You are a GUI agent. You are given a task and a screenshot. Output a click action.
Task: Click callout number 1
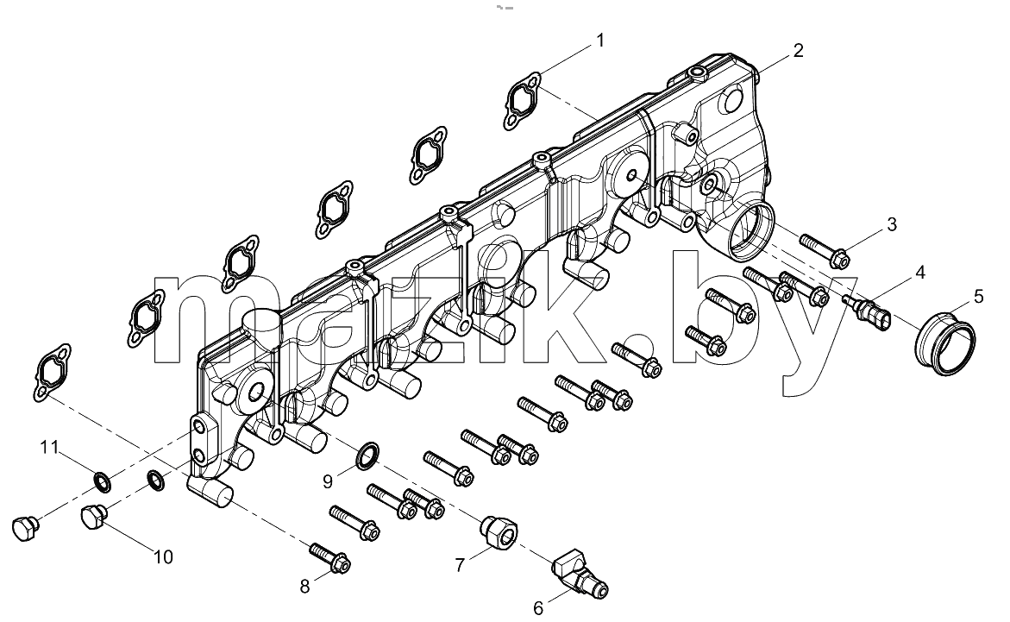point(600,41)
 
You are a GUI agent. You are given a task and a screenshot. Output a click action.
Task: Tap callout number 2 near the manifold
point(798,51)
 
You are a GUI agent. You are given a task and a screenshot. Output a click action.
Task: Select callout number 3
point(892,224)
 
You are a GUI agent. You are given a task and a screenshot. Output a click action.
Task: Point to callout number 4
point(920,273)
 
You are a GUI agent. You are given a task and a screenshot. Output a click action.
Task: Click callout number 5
point(978,297)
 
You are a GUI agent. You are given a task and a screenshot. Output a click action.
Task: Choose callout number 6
point(538,608)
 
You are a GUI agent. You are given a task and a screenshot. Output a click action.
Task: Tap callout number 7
point(459,565)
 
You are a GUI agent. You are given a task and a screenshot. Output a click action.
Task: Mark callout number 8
point(304,586)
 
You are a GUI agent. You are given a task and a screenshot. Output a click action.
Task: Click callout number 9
point(328,481)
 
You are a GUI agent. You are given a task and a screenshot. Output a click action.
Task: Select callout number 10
point(164,557)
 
